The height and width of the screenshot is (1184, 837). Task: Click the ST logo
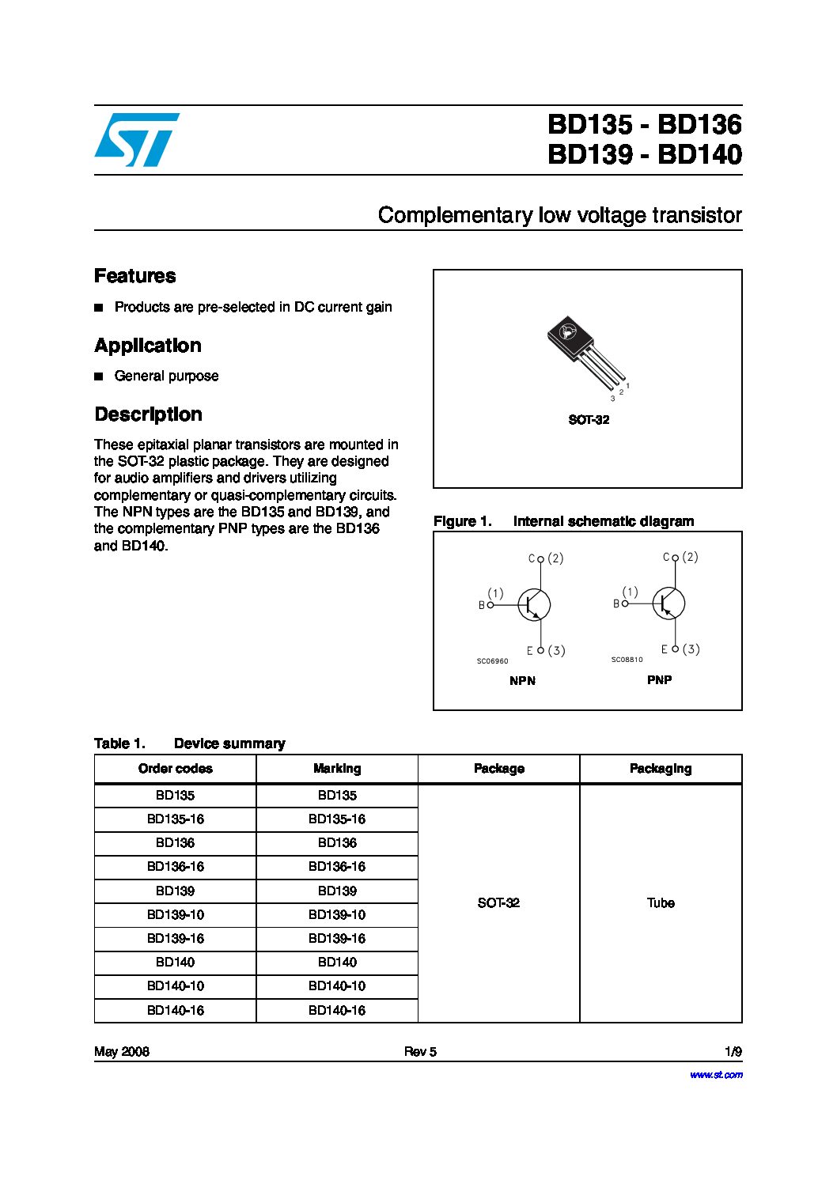coord(136,140)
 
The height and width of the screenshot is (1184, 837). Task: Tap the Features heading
coord(134,276)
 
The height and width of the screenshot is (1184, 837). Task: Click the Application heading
coord(147,346)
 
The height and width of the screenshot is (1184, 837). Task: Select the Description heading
coord(148,414)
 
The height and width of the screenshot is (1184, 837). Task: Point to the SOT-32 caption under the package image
coord(589,420)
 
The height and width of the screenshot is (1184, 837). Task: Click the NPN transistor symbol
coord(533,605)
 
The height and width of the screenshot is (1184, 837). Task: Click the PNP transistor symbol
coord(668,603)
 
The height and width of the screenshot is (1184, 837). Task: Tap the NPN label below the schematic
coord(522,681)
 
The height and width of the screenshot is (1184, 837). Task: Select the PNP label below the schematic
coord(659,680)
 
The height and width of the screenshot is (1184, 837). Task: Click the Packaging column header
coord(661,769)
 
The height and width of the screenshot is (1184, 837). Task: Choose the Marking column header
coord(337,769)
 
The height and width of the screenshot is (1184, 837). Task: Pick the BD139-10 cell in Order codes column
coord(176,915)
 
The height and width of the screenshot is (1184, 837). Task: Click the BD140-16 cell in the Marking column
coord(337,1010)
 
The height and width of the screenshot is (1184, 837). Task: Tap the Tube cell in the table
coord(661,903)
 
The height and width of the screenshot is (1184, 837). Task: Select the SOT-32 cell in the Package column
coord(498,903)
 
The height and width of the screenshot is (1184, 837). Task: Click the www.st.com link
coord(716,1075)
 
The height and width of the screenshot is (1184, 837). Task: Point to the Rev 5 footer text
coord(420,1052)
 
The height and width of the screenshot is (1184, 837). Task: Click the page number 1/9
coord(733,1052)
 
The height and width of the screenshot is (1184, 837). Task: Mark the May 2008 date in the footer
coord(122,1052)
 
